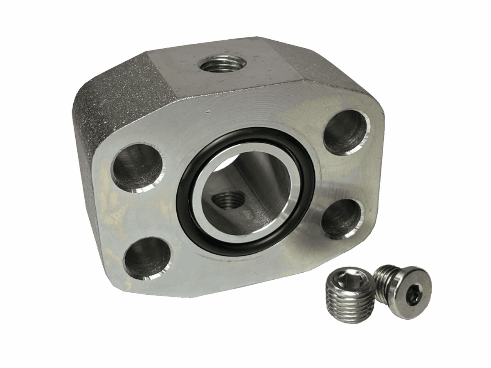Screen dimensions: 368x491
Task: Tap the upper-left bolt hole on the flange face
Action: point(137,168)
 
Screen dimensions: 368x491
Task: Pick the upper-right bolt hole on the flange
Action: point(347,132)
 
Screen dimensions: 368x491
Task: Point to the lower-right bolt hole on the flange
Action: point(342,219)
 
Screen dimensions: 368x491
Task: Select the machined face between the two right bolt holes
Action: point(352,176)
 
